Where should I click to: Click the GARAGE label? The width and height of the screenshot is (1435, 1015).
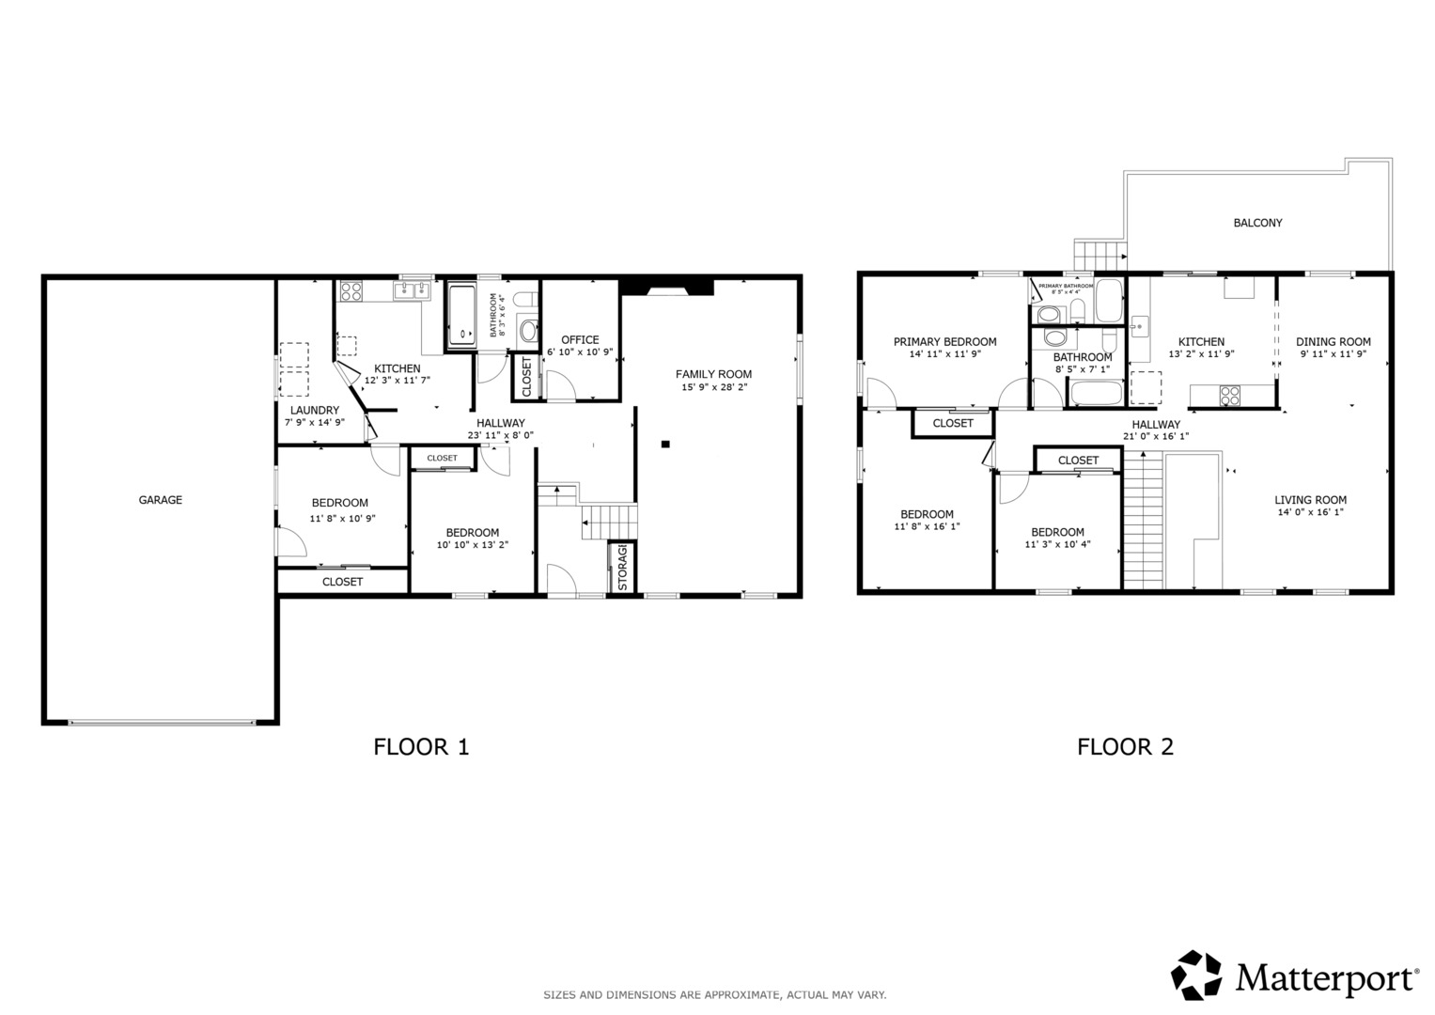point(161,500)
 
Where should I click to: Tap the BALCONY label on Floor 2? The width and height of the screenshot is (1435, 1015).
point(1257,223)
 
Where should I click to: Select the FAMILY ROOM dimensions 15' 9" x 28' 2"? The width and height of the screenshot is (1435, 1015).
point(713,387)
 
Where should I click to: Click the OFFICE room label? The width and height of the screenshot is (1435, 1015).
point(580,340)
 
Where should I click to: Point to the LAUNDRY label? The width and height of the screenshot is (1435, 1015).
point(314,411)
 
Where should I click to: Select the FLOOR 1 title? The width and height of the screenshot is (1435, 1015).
point(421,747)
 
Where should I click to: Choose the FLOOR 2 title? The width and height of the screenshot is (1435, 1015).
point(1125,747)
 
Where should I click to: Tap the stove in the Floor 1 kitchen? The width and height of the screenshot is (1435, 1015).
point(351,291)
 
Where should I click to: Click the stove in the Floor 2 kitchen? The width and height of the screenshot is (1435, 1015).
point(1229,396)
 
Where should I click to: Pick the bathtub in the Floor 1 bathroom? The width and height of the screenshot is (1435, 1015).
point(462,315)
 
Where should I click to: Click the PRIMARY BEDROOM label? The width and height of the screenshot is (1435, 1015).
point(944,342)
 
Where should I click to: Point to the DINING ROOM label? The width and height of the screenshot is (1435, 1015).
point(1333,342)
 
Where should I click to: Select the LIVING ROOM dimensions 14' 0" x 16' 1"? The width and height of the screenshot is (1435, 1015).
point(1310,513)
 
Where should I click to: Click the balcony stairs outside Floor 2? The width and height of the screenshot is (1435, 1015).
point(1100,254)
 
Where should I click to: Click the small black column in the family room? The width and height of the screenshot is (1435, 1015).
point(665,444)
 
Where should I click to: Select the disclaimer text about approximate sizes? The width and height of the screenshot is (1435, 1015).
point(714,994)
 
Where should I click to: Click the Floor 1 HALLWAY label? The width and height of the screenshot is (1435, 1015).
point(500,423)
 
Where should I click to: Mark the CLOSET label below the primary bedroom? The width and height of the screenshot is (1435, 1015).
point(953,424)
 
